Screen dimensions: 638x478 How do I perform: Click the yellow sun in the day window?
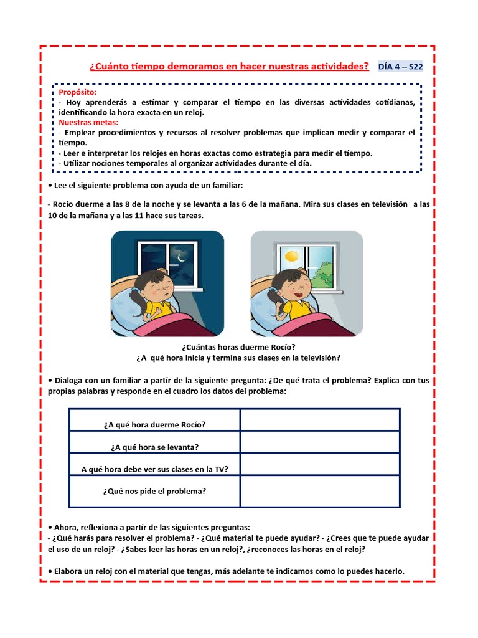(x=291, y=256)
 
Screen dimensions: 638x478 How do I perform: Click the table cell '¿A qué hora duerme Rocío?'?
(x=154, y=424)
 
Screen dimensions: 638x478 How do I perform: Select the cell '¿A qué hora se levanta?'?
(x=154, y=447)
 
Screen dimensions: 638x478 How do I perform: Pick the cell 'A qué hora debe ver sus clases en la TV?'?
(x=154, y=469)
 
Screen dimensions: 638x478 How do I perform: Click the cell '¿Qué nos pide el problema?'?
(x=154, y=491)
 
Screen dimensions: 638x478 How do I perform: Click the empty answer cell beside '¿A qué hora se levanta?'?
(x=320, y=442)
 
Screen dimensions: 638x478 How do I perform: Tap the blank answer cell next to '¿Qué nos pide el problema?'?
(x=320, y=491)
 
